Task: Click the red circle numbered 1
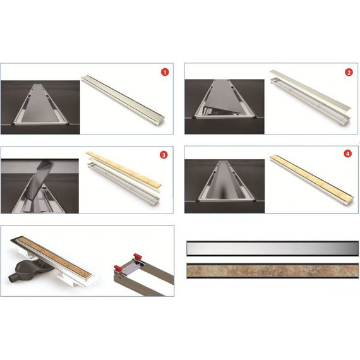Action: [165, 73]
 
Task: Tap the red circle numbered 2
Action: [349, 73]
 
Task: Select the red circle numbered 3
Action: [164, 155]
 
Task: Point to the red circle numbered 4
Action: [347, 153]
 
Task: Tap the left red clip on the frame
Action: [117, 268]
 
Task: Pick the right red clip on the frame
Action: [138, 256]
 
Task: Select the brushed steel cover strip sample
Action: [272, 248]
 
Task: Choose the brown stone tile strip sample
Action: [272, 271]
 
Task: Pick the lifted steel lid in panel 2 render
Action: [310, 90]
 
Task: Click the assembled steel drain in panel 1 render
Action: [123, 98]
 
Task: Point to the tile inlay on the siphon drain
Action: [54, 256]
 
